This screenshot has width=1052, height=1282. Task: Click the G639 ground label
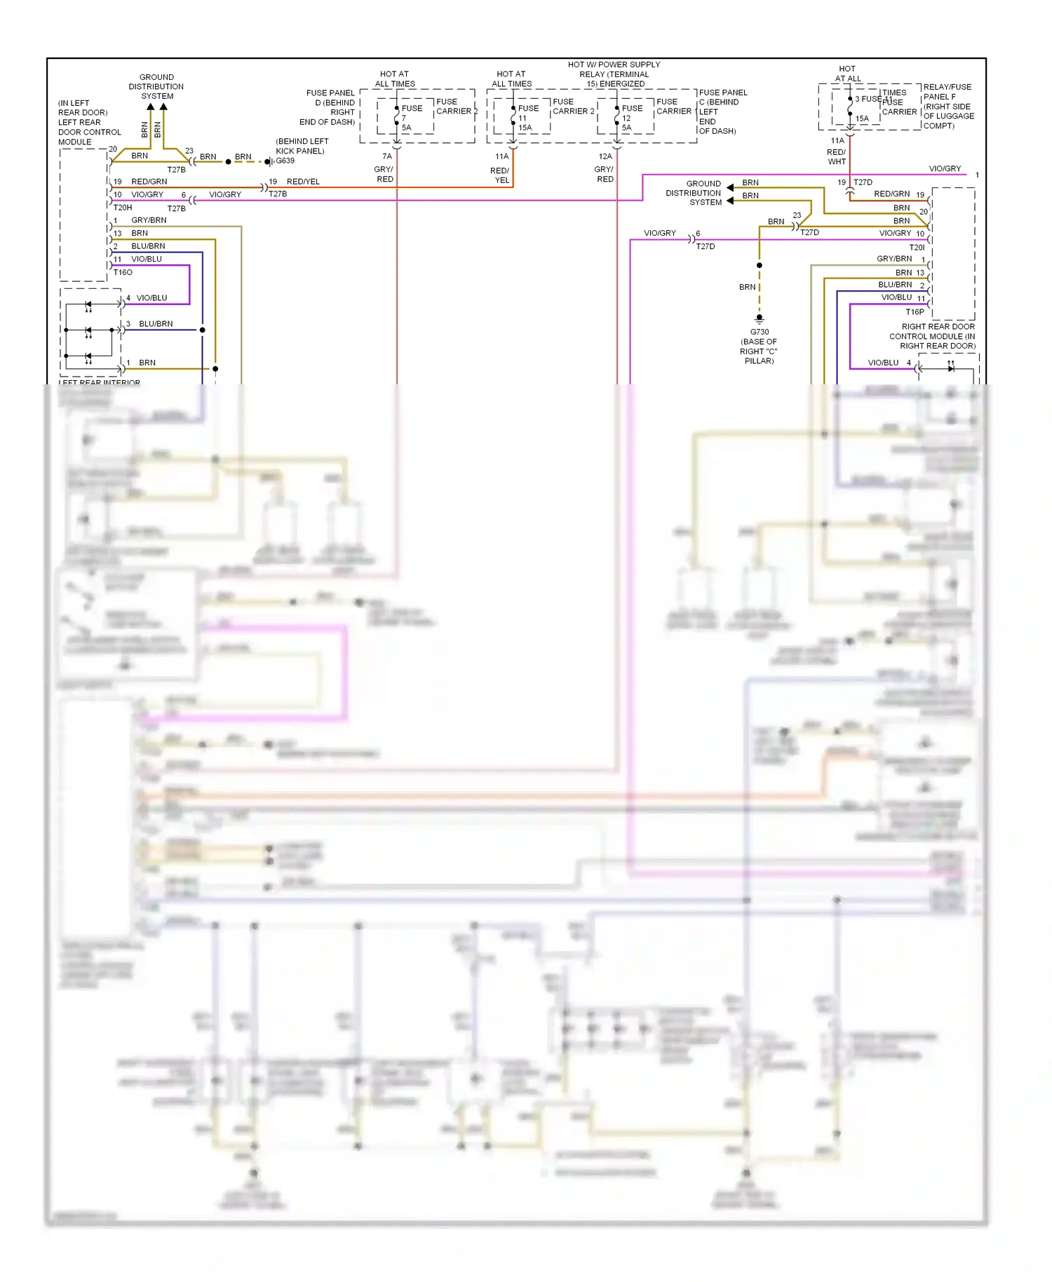[x=285, y=161]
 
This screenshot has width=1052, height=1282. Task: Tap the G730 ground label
[x=759, y=332]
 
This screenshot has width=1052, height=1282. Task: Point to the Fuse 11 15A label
[x=527, y=118]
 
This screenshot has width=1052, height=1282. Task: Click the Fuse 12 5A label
[x=630, y=118]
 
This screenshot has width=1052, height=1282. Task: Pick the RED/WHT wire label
[x=836, y=156]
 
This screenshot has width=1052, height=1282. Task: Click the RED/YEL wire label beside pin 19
[x=303, y=182]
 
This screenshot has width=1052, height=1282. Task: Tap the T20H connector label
[x=123, y=208]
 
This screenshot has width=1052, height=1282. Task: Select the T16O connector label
[x=123, y=272]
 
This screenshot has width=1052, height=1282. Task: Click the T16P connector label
[x=915, y=312]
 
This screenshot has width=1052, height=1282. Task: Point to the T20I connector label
[x=917, y=248]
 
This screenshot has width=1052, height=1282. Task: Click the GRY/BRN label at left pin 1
[x=149, y=220]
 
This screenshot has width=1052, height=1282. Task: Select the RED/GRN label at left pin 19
[x=149, y=182]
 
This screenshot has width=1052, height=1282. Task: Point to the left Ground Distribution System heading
[x=156, y=86]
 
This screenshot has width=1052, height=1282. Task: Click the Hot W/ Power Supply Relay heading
[x=614, y=74]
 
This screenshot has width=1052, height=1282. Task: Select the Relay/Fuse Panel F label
[x=948, y=106]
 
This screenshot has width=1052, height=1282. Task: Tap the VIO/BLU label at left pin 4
[x=151, y=298]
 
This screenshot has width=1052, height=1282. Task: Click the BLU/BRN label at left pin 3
[x=156, y=324]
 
